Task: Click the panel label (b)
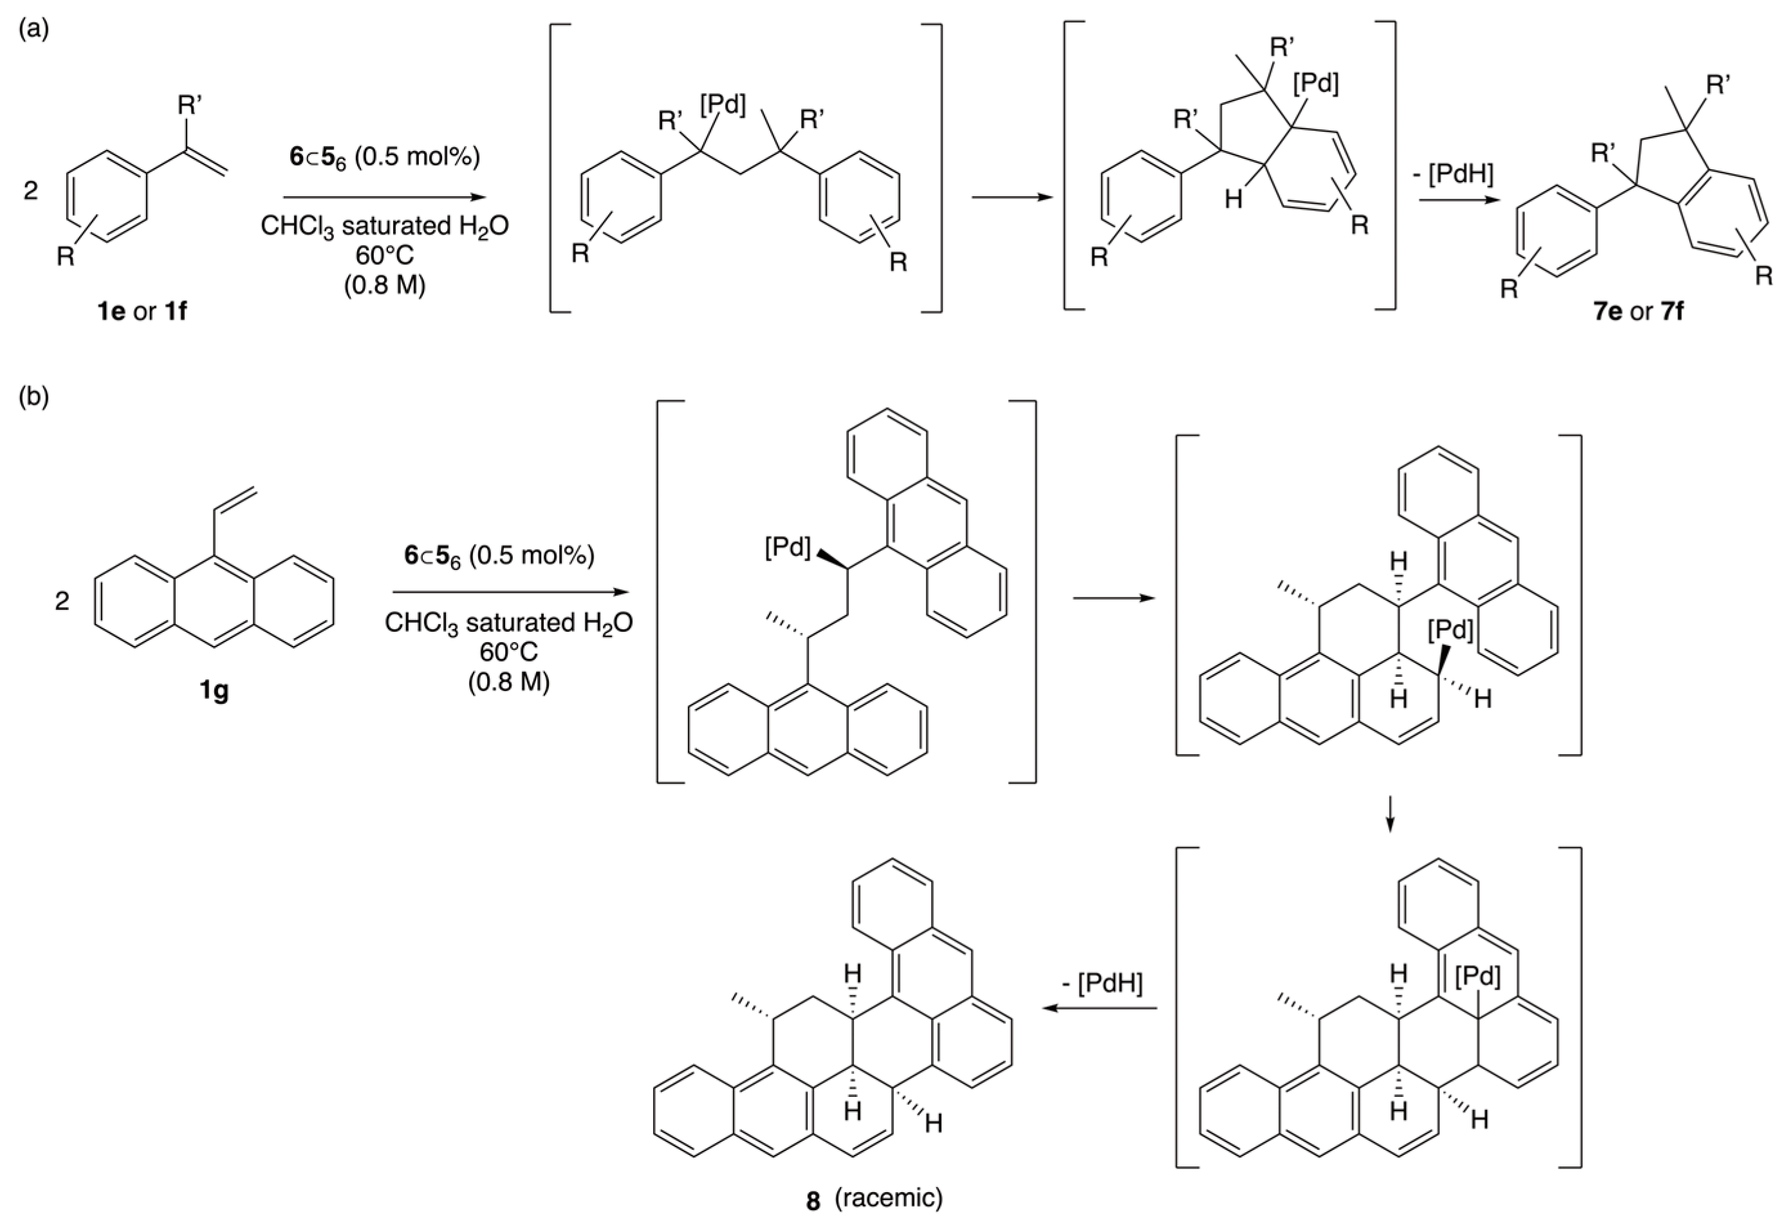[33, 397]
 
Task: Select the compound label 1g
[214, 691]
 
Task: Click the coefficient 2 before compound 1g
[62, 600]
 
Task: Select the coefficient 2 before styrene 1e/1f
[31, 190]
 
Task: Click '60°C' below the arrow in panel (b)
[509, 652]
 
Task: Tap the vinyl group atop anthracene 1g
[236, 499]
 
